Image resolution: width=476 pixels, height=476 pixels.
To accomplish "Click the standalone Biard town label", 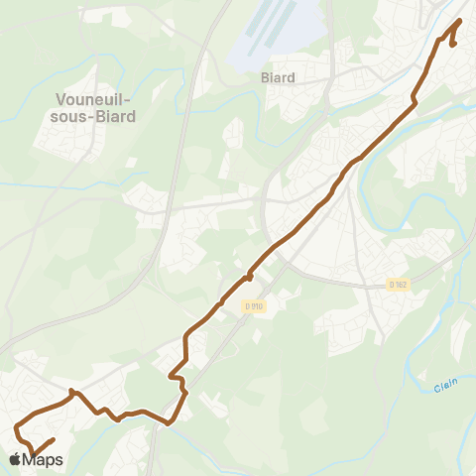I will click(x=279, y=76).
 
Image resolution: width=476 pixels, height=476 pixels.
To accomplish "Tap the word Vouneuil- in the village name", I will click(x=95, y=99).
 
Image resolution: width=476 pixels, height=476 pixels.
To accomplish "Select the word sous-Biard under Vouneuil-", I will click(x=95, y=116).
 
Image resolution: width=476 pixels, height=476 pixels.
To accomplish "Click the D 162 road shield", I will click(x=398, y=286).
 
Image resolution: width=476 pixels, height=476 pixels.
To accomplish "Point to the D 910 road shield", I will click(x=254, y=306).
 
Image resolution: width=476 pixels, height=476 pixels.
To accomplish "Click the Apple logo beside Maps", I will click(x=15, y=459).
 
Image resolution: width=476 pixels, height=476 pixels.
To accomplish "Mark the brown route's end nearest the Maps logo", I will click(x=52, y=438).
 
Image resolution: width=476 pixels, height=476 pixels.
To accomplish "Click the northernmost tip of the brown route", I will click(x=461, y=21).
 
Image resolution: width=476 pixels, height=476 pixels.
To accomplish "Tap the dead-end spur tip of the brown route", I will click(x=453, y=44).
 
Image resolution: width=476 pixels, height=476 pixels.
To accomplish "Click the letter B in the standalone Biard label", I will click(x=264, y=76).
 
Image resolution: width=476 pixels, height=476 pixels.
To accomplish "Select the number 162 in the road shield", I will click(x=401, y=286).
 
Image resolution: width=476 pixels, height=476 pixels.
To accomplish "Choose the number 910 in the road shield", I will click(x=257, y=306).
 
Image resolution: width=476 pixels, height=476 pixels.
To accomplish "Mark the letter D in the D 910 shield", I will click(x=247, y=306).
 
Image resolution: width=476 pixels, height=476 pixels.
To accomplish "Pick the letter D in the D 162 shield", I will click(x=392, y=286).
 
